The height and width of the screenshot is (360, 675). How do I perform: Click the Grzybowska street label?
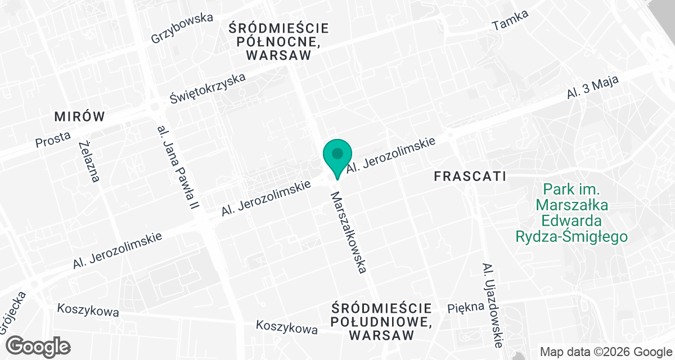click(182, 28)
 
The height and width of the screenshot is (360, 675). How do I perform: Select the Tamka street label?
click(510, 21)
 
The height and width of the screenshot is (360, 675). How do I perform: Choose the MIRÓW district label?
click(79, 117)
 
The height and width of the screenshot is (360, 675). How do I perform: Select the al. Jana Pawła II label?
click(178, 168)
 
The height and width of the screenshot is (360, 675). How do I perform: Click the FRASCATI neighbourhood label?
click(470, 176)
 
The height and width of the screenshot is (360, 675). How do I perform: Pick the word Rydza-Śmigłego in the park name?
click(571, 236)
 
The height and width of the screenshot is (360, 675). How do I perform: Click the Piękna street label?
click(466, 307)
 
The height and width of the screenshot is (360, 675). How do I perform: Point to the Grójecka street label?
click(12, 313)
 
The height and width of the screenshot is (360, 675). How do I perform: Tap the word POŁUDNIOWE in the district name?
click(382, 322)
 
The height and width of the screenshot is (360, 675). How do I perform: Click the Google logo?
click(38, 345)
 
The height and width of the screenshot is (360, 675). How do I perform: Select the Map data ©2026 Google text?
click(605, 352)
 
